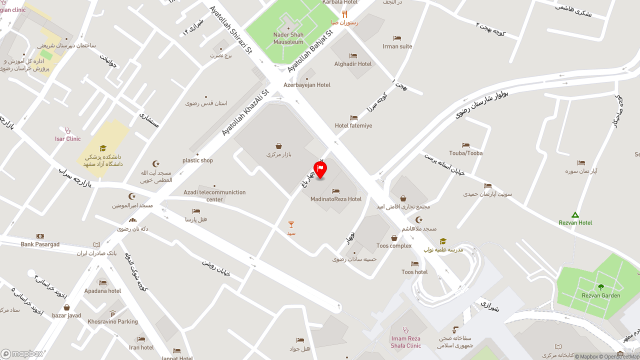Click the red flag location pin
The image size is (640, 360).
point(320,169)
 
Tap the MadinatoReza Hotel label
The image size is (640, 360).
point(335,199)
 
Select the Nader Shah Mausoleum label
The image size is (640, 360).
point(288,38)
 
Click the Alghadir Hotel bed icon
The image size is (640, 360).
point(353,55)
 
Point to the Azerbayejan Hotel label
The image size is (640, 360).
point(307,85)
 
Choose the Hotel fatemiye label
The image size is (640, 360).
point(353,125)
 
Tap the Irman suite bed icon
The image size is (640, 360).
point(397,38)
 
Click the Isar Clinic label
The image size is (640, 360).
point(67,139)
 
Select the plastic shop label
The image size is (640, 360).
point(197,160)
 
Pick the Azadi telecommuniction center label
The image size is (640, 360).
point(214,195)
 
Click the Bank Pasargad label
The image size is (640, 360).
point(40,244)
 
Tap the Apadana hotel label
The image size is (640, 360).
point(102,291)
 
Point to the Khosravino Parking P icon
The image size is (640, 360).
point(112,314)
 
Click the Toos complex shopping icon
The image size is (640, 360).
point(394,238)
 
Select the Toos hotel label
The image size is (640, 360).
point(414,272)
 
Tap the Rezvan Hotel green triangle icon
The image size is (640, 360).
point(575,214)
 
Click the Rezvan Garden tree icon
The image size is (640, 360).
point(601,287)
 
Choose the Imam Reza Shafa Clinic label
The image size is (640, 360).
point(406,342)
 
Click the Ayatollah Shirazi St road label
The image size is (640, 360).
point(231,29)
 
